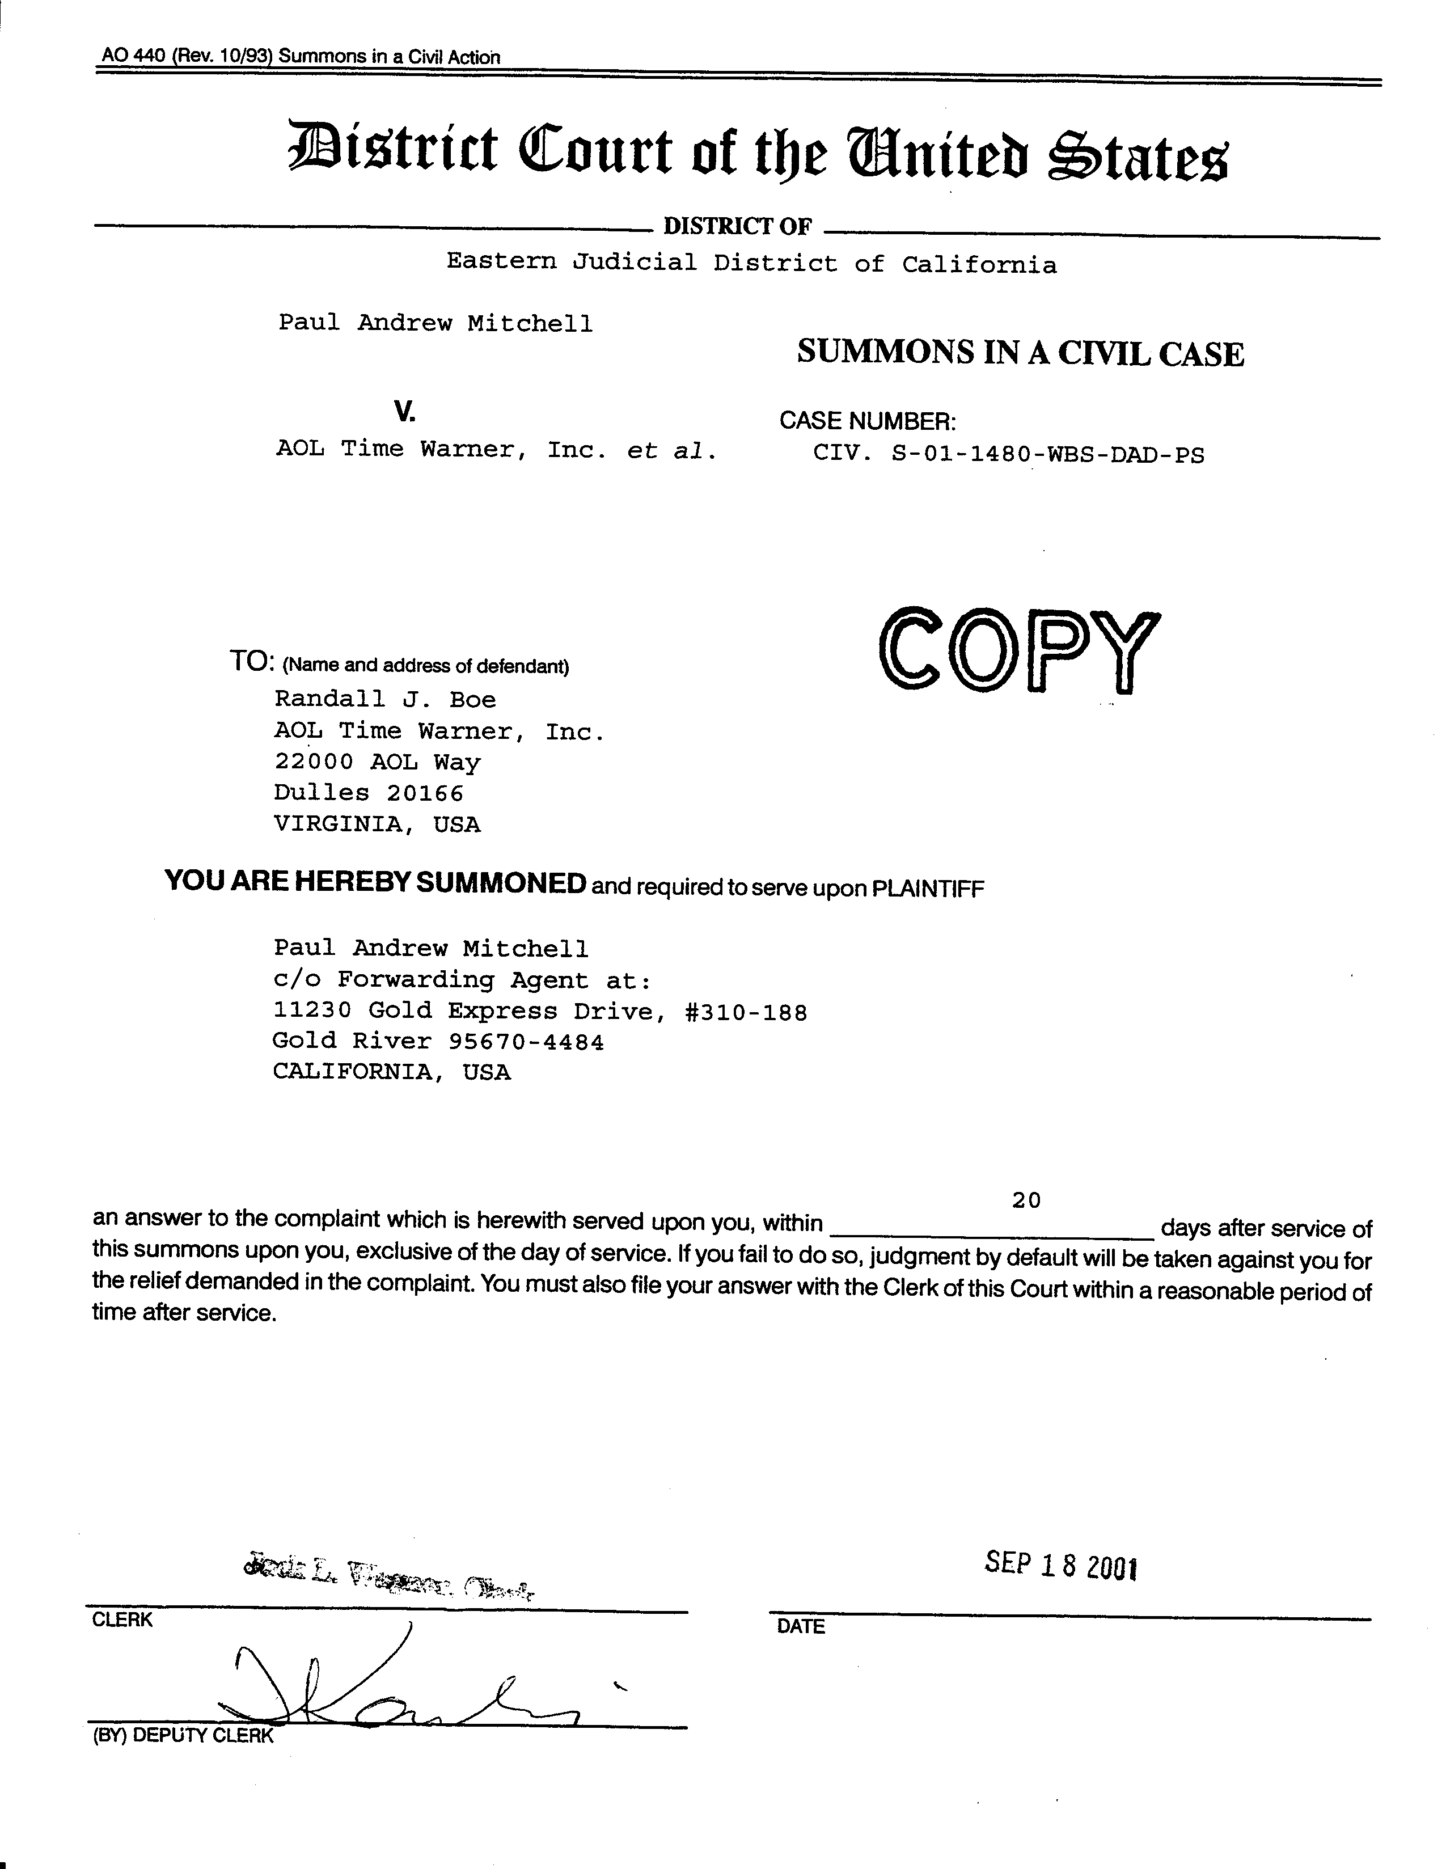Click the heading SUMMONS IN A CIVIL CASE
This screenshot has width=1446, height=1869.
tap(1020, 353)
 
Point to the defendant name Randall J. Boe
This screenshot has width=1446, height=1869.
tap(385, 699)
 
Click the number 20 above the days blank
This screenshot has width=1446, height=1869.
tap(1026, 1200)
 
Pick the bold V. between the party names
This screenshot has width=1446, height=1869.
tap(405, 412)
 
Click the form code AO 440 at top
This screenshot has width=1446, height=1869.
tap(133, 57)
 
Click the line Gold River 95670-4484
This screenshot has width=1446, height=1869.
tap(438, 1042)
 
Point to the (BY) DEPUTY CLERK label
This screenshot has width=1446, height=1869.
tap(182, 1736)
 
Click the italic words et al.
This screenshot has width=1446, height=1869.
tap(671, 450)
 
